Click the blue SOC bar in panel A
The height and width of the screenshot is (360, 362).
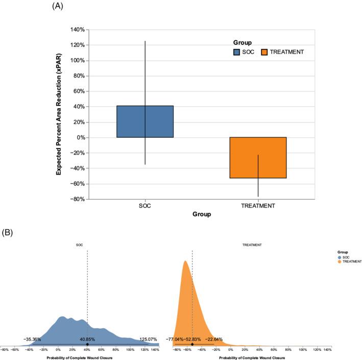tap(145, 122)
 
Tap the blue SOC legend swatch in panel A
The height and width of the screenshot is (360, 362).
tap(237, 52)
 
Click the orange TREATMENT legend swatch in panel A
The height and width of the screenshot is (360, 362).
tap(265, 52)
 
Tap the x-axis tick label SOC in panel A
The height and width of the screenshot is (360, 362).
tap(145, 206)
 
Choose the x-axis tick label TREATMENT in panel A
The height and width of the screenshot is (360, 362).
tap(258, 206)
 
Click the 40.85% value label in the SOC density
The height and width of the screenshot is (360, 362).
tap(88, 339)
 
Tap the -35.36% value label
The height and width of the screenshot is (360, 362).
tap(32, 339)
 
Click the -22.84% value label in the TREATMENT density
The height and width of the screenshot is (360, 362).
tap(214, 339)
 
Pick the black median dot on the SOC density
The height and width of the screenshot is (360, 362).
tap(87, 344)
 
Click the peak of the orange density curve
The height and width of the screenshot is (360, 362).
tap(185, 261)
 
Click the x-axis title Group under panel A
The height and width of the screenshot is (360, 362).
tap(202, 215)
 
